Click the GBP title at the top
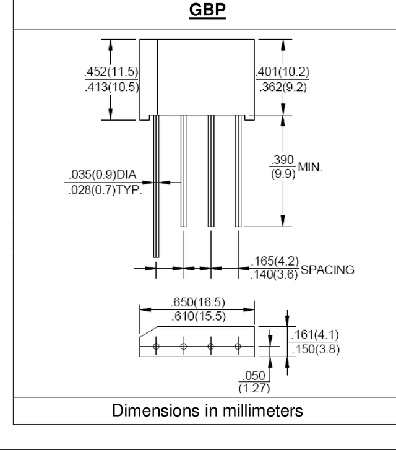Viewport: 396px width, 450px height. point(207,10)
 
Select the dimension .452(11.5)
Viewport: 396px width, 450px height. point(111,71)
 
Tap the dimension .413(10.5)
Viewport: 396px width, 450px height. point(112,87)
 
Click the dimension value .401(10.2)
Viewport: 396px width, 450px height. point(282,71)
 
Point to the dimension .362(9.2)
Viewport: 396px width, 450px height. point(283,87)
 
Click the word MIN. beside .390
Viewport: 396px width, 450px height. point(310,167)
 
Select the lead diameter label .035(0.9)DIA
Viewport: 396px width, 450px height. point(103,174)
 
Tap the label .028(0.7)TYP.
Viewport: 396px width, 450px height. point(105,189)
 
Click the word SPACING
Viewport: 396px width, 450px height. point(327,270)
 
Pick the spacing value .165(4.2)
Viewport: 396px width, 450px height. point(275,261)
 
